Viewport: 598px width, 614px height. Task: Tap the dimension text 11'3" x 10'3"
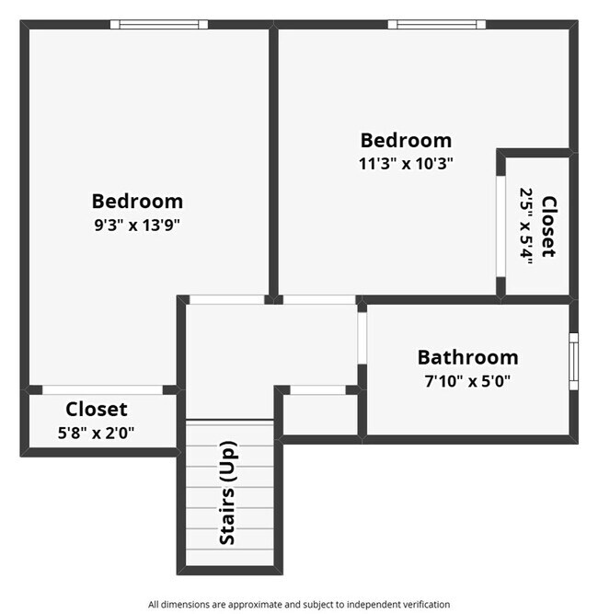[x=406, y=163]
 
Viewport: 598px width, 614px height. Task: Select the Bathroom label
[x=467, y=357]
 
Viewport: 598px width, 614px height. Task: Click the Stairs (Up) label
[x=228, y=492]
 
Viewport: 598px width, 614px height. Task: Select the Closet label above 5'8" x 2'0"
[x=97, y=409]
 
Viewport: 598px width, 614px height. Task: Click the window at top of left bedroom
[x=159, y=25]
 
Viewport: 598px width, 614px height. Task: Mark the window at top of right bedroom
[x=435, y=25]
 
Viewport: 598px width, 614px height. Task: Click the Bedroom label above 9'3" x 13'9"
[x=137, y=201]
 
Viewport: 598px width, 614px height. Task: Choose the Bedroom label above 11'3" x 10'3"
[x=406, y=140]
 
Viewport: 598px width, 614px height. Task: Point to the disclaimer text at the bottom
[x=299, y=605]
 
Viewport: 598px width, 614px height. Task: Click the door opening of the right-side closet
[x=500, y=226]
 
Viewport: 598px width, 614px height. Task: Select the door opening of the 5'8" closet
[x=102, y=389]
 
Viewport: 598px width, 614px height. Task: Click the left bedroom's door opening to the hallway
[x=226, y=299]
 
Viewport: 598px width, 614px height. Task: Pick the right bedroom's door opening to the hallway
[x=318, y=299]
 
